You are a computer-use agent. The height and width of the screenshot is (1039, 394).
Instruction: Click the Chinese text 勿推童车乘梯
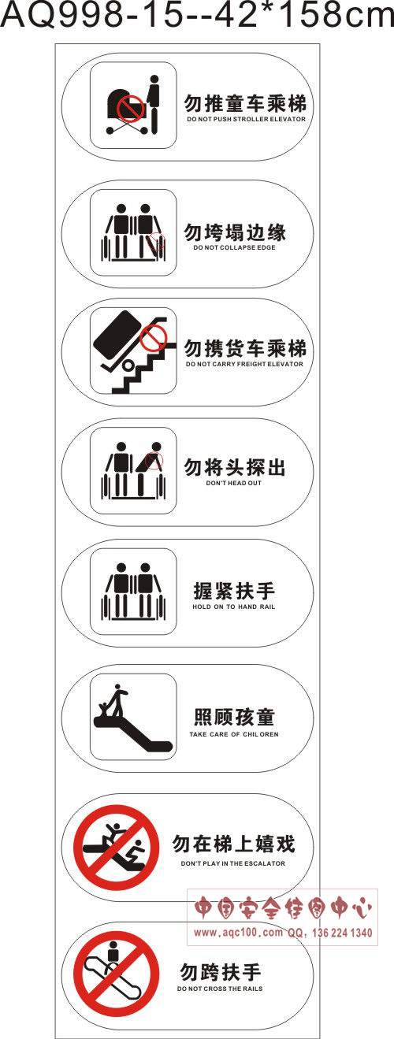tap(246, 103)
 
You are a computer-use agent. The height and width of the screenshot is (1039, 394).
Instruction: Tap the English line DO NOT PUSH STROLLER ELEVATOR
tap(247, 119)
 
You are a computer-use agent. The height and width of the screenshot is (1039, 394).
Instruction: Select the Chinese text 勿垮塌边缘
tap(235, 232)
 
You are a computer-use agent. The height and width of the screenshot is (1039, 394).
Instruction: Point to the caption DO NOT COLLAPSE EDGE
tap(234, 247)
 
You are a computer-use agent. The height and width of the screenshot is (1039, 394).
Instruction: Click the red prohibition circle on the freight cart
tap(154, 337)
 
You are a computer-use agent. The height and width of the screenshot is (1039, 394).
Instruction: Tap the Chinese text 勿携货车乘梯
tap(246, 349)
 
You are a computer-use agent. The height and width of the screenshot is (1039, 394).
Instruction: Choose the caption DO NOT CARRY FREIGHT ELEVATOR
tap(244, 364)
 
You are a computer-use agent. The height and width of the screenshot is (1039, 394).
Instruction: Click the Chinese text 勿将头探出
tap(235, 467)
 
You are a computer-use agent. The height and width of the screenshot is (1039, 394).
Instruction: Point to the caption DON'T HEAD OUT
tap(234, 483)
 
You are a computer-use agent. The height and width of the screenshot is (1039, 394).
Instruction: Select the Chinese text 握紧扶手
tap(234, 591)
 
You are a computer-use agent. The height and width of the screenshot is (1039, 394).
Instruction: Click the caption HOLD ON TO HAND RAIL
tap(234, 607)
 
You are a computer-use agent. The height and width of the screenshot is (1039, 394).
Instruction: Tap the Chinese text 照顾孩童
tap(234, 718)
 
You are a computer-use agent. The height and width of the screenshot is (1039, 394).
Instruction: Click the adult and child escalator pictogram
tap(133, 718)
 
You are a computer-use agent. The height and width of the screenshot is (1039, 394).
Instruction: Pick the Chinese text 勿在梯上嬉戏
tap(234, 844)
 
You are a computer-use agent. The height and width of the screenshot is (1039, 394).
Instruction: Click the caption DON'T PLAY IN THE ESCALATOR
tap(233, 863)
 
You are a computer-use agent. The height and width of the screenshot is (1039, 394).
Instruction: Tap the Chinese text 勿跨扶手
tap(221, 972)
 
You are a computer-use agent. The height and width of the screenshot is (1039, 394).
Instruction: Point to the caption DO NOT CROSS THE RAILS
tap(220, 989)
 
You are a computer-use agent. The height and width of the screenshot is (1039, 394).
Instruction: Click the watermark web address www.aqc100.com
tap(238, 932)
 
